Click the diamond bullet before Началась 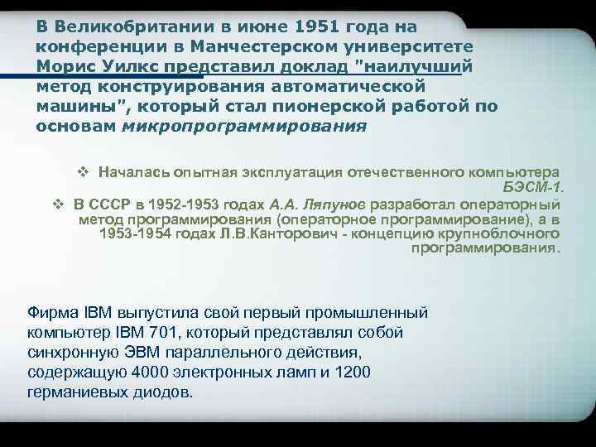[82, 171]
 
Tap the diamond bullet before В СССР [58, 203]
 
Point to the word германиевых [73, 391]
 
